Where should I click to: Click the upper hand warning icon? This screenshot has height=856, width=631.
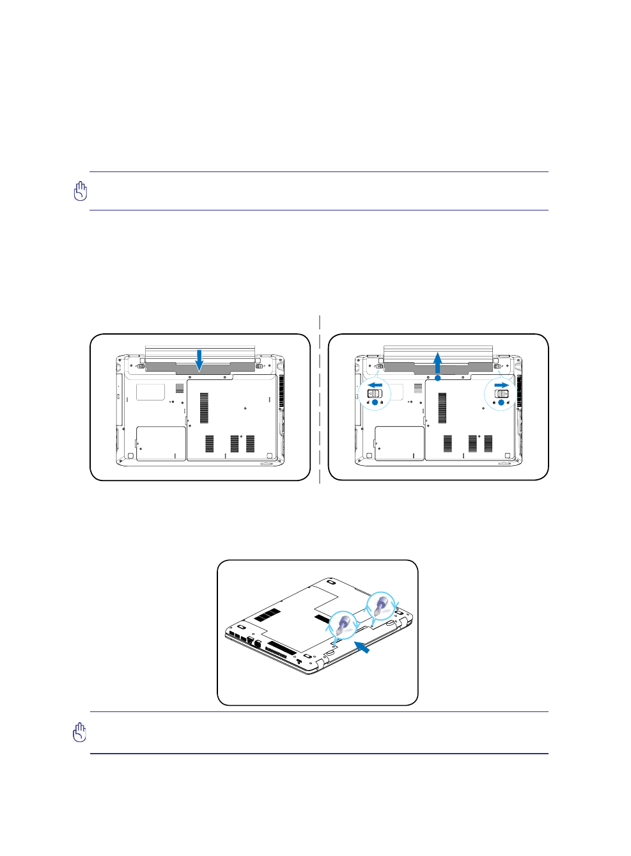(x=80, y=191)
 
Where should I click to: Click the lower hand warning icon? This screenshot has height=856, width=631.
(x=79, y=733)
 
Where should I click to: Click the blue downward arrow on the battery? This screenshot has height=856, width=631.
(x=199, y=360)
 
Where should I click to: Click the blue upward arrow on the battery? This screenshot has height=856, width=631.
(x=438, y=362)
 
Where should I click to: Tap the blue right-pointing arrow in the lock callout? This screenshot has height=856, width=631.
(x=502, y=385)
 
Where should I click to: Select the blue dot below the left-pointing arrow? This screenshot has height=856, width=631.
(x=375, y=403)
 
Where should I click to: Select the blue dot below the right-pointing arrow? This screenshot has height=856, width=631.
(x=501, y=403)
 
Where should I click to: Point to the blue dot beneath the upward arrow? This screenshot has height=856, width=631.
(x=438, y=378)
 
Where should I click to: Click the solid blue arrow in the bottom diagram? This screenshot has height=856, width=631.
(x=362, y=647)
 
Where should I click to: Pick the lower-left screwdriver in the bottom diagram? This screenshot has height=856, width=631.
(x=344, y=624)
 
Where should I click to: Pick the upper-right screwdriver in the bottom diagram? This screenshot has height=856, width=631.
(x=382, y=605)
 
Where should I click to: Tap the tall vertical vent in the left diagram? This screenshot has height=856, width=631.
(x=204, y=408)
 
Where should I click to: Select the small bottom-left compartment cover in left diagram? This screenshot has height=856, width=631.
(x=160, y=443)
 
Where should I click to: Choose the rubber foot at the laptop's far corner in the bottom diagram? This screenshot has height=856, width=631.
(x=330, y=583)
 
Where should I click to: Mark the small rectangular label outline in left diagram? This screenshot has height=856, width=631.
(x=150, y=392)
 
